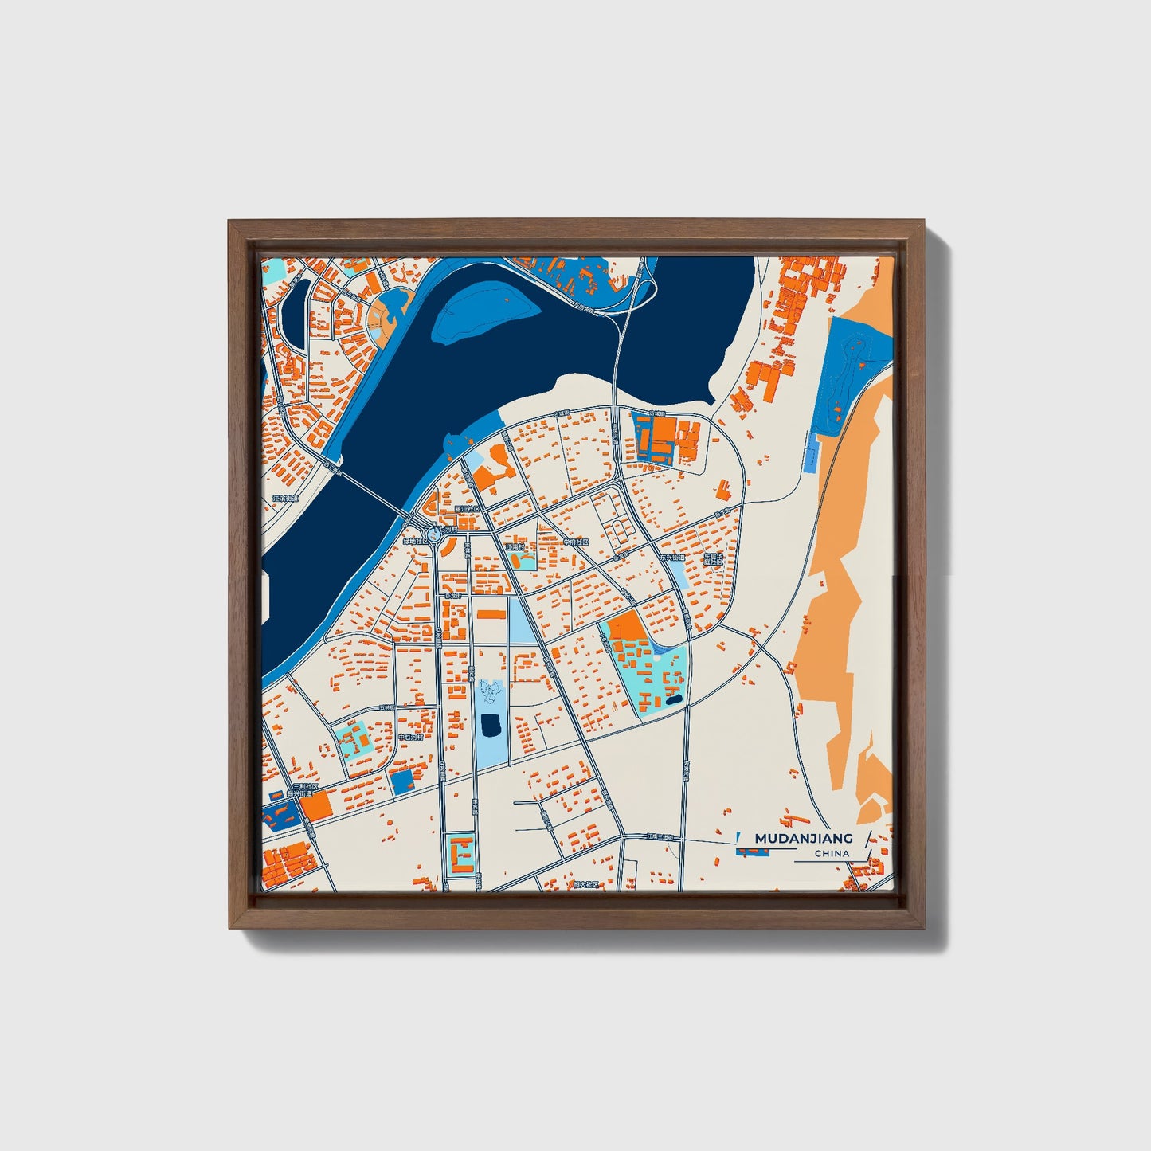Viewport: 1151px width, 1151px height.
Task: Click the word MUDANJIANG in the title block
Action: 803,838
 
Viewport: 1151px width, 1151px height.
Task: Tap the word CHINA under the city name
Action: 832,854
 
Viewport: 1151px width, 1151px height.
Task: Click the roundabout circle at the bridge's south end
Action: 435,534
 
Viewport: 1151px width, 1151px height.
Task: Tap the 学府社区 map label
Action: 575,542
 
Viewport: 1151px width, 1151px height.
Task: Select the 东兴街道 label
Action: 672,558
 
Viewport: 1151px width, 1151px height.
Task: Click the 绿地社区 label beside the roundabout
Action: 416,542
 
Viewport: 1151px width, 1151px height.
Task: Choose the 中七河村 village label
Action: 410,738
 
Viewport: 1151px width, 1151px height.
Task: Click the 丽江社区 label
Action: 465,507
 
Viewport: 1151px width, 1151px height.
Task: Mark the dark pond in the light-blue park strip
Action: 491,725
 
